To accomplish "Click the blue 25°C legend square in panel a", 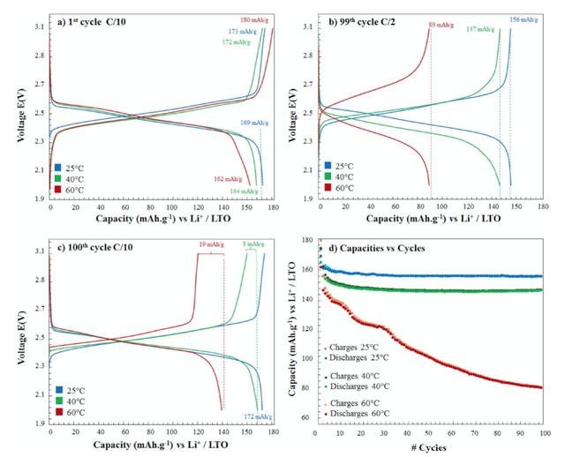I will [57, 166].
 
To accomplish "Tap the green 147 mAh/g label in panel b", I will [480, 29].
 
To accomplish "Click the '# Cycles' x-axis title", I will [432, 449].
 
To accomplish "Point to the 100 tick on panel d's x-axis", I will [541, 434].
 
